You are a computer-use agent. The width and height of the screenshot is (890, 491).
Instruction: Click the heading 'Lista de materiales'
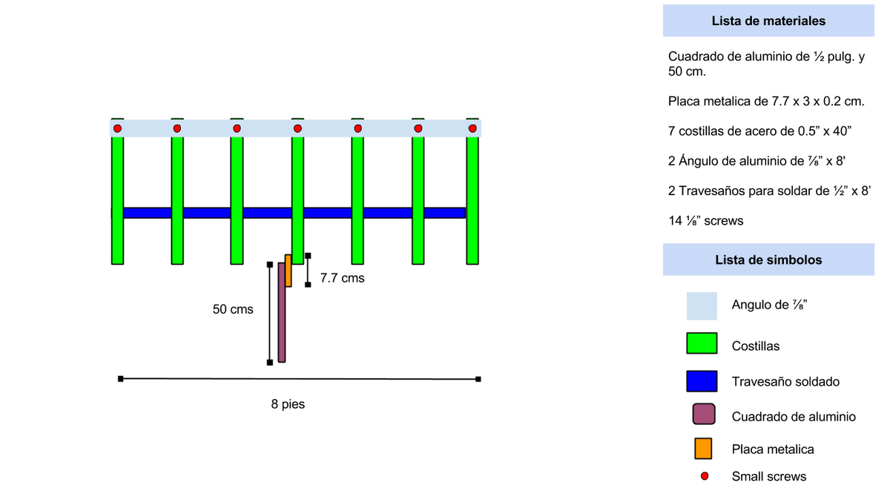point(768,21)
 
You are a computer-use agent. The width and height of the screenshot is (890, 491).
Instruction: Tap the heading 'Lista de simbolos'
point(768,260)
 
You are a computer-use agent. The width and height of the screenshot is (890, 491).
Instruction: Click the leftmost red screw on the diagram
point(117,128)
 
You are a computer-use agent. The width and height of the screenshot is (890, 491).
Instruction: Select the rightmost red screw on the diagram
point(472,128)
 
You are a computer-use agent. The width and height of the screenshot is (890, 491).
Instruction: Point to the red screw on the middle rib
point(297,128)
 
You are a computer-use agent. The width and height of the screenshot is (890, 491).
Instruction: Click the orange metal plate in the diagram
point(288,271)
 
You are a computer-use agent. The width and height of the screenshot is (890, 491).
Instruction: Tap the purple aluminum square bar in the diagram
point(281,312)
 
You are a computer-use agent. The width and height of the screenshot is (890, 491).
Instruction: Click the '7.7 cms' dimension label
point(342,278)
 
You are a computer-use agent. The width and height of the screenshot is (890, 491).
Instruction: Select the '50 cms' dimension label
point(233,309)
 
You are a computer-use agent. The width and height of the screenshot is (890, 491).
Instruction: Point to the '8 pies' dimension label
point(288,404)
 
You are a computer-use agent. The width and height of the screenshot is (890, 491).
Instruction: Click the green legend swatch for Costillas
point(702,343)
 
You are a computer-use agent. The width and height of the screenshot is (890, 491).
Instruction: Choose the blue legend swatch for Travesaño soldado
point(702,381)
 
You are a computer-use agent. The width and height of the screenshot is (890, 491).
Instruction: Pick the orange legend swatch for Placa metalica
point(703,449)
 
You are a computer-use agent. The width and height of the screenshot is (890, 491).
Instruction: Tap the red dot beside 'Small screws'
point(705,476)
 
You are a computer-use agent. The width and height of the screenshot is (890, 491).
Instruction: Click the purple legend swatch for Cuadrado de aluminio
point(704,414)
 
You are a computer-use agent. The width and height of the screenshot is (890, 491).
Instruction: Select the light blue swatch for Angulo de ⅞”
point(702,306)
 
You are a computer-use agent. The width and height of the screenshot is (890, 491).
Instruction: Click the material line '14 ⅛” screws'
point(705,220)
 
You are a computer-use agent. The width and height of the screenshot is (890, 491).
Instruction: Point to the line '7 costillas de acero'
point(759,131)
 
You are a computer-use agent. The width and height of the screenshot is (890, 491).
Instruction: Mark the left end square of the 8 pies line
point(121,379)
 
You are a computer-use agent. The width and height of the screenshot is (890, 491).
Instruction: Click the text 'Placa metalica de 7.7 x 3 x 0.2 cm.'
point(766,102)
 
